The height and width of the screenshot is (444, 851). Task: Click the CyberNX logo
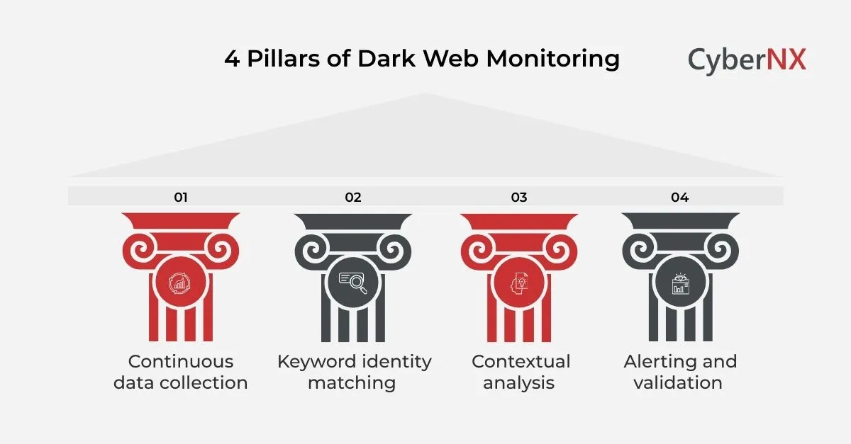click(x=747, y=59)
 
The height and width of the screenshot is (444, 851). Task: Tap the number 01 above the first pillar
click(x=181, y=197)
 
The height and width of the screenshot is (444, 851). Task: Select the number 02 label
click(x=352, y=197)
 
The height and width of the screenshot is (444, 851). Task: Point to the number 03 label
click(x=518, y=197)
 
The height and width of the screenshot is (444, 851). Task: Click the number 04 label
click(x=679, y=197)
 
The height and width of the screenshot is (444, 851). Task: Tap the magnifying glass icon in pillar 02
click(x=352, y=284)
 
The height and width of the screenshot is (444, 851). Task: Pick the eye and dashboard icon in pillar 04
click(x=679, y=284)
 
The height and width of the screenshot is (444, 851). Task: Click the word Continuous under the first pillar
click(x=181, y=361)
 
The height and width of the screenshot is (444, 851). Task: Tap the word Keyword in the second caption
click(x=316, y=362)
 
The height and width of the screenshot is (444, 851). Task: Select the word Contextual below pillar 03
click(x=521, y=361)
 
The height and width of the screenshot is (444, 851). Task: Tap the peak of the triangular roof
click(x=425, y=95)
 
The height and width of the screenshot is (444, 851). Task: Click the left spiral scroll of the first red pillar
click(x=140, y=249)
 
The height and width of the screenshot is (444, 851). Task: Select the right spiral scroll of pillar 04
click(x=720, y=249)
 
